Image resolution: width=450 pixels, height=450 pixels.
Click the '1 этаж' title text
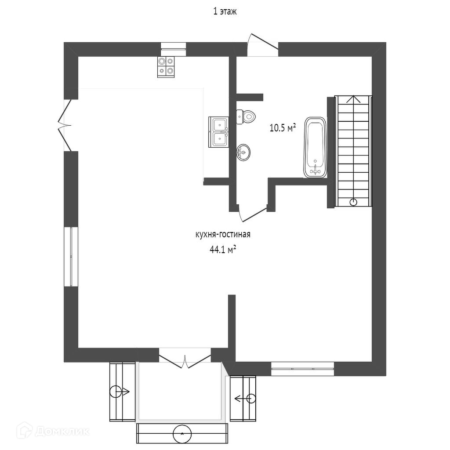(225, 12)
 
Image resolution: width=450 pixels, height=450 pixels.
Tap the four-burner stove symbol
(166, 67)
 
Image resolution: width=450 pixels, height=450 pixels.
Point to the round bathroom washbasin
(243, 152)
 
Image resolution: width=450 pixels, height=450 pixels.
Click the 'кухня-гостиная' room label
(223, 235)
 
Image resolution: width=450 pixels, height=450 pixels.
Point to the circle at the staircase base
(353, 202)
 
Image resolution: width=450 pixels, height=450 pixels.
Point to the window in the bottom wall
(302, 369)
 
